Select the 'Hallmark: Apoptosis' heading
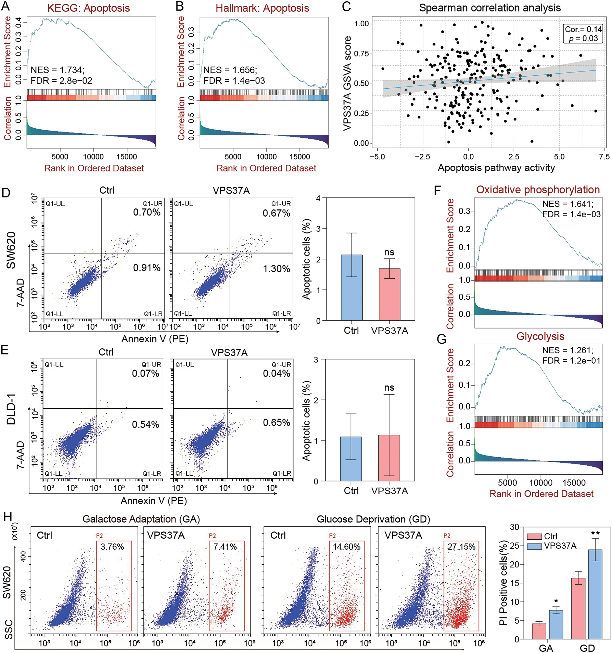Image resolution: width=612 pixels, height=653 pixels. pos(262,8)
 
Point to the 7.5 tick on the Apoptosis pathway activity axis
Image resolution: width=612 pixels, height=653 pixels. pos(604,157)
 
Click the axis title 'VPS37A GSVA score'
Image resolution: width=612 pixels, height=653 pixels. pos(347,84)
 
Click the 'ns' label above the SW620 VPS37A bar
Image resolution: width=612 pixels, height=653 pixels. pos(389,252)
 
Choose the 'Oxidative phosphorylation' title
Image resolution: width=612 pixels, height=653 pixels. pos(538,190)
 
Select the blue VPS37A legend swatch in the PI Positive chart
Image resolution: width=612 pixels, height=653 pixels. pos(534,546)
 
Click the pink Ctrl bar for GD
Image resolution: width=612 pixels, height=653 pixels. pos(578,609)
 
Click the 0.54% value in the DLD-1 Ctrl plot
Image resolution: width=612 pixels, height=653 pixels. pos(145,424)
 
